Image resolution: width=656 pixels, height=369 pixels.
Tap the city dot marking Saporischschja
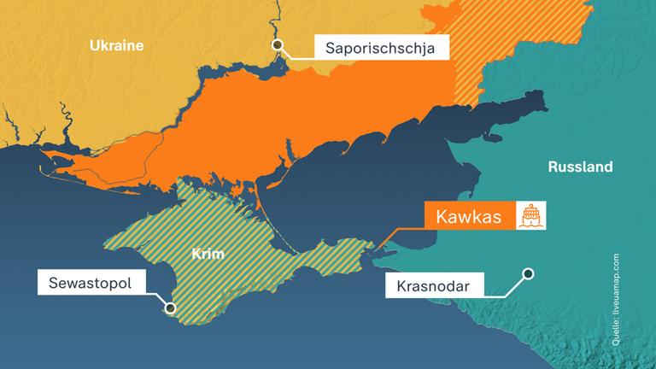[x=276, y=46]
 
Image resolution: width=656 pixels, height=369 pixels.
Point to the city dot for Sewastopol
[x=170, y=308]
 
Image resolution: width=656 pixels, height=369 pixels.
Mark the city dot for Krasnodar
[x=529, y=274]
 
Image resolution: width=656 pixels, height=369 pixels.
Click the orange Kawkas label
[x=467, y=217]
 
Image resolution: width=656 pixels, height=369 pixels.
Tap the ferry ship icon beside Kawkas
[x=529, y=217]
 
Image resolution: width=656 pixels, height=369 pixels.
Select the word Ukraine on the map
[x=116, y=46]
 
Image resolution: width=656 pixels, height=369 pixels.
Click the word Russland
[x=580, y=167]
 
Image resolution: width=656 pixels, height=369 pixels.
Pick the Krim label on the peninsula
[x=207, y=254]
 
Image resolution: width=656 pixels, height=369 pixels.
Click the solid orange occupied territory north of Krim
[x=282, y=120]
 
